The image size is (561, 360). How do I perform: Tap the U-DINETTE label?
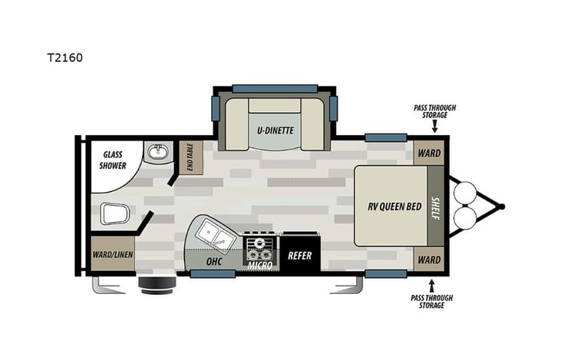[275, 130]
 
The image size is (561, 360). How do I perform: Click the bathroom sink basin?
[159, 152]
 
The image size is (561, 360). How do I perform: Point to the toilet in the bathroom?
[111, 213]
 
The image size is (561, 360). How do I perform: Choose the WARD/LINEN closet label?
[112, 255]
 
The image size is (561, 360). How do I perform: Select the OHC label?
[214, 260]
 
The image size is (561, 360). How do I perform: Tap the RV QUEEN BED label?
[391, 206]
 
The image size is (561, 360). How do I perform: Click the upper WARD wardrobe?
[429, 153]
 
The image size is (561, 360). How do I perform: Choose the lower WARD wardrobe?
[429, 259]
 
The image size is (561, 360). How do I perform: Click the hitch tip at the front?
[502, 206]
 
